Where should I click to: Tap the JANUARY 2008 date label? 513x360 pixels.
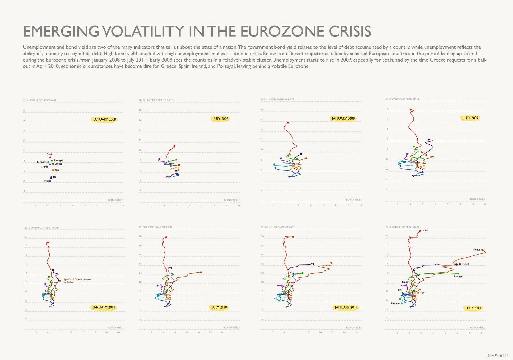[105, 120]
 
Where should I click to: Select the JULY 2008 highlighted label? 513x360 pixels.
[221, 119]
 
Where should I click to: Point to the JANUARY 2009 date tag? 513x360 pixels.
[343, 119]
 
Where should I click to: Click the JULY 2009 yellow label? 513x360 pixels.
[471, 118]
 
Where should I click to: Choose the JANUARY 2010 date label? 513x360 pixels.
[104, 307]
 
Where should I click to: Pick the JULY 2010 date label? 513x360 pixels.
[220, 307]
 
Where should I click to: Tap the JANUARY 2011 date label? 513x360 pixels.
[346, 307]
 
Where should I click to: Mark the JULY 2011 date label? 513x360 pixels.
[474, 308]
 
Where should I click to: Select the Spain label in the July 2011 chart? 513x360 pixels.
[425, 230]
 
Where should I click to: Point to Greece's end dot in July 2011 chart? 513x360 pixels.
[482, 250]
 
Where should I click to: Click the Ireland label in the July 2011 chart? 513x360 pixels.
[465, 264]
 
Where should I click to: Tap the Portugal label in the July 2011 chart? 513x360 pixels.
[458, 276]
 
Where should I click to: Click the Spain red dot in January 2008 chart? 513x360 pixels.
[50, 157]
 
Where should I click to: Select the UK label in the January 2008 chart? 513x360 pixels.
[55, 177]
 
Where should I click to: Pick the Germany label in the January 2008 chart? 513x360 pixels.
[41, 162]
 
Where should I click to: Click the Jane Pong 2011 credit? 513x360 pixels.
[499, 355]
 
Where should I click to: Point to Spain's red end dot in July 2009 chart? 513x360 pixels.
[411, 110]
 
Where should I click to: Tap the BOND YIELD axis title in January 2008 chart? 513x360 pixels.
[115, 200]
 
